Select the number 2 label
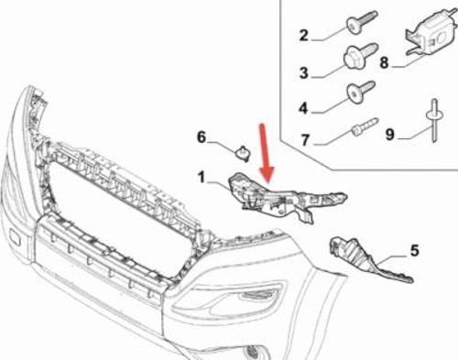click(x=303, y=37)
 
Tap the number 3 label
click(x=303, y=72)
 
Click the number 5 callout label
click(x=413, y=248)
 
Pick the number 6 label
click(x=202, y=137)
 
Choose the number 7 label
click(x=303, y=142)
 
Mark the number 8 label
click(x=385, y=64)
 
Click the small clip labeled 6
click(x=243, y=151)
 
